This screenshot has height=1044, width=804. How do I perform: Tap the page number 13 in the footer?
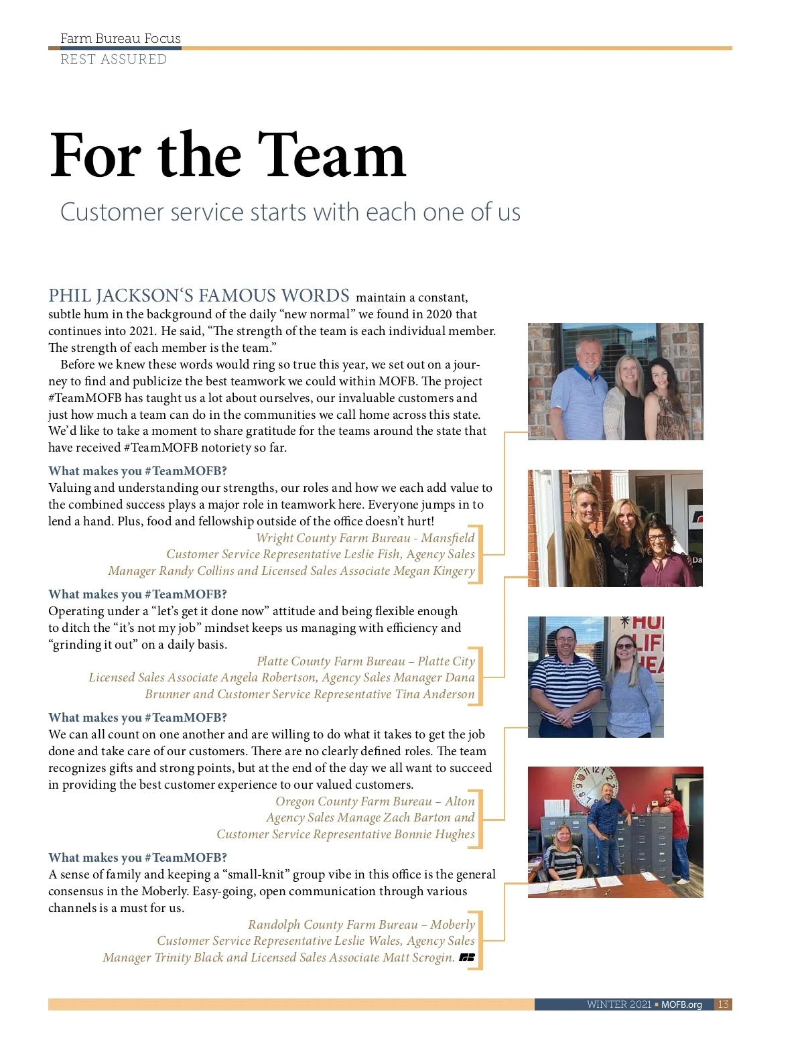click(x=723, y=1004)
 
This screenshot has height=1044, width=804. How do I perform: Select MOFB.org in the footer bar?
click(x=681, y=1004)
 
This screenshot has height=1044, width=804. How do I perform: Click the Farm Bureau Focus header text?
click(x=121, y=38)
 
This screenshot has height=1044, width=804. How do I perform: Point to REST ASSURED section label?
click(x=113, y=59)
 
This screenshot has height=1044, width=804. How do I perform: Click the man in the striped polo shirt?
click(x=565, y=677)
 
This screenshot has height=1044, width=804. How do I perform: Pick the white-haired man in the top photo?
click(x=580, y=389)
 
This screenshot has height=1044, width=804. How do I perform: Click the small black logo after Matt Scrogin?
click(x=467, y=958)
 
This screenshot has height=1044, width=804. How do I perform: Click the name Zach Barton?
click(x=423, y=818)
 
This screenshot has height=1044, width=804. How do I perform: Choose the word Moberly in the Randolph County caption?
click(x=452, y=925)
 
